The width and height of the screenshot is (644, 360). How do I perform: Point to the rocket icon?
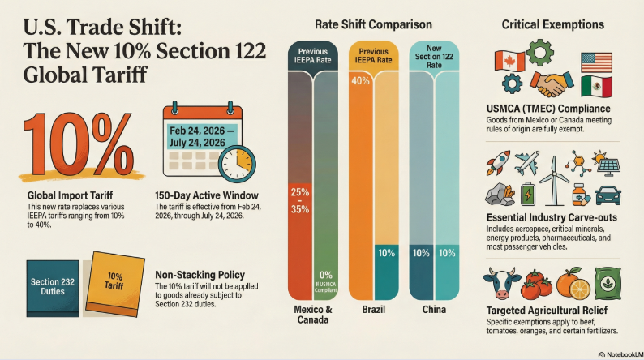[497, 162]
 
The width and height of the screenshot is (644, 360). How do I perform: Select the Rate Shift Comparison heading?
[372, 24]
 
